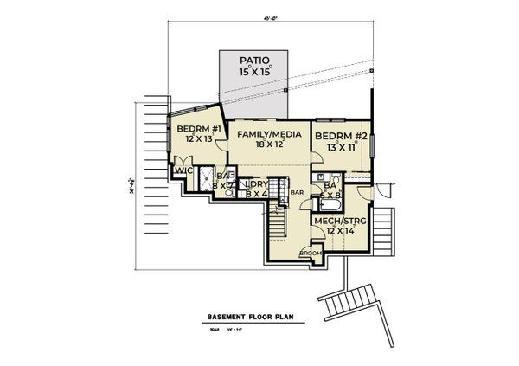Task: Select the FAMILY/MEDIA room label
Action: tap(263, 135)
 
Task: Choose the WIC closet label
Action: tap(183, 170)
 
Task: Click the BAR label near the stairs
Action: tap(296, 192)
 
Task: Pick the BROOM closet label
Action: tap(310, 253)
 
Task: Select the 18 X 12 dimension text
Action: tap(264, 145)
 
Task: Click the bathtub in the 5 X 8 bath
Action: tap(330, 207)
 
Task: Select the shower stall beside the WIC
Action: tap(205, 181)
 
